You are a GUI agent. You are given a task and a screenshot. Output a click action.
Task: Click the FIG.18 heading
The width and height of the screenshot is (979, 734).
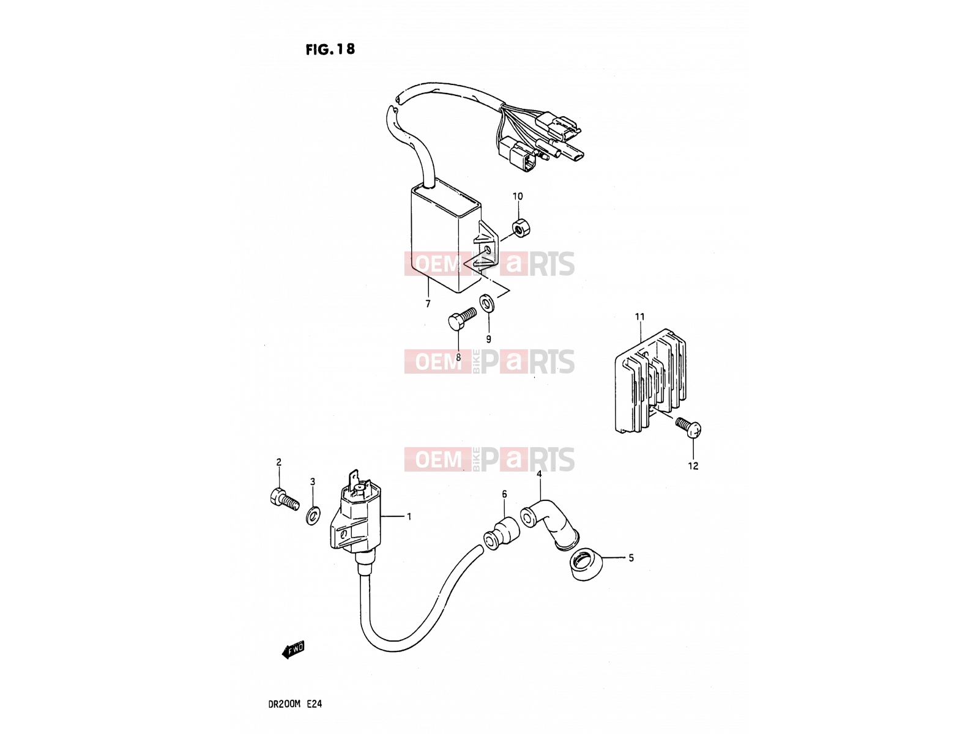pyautogui.click(x=330, y=49)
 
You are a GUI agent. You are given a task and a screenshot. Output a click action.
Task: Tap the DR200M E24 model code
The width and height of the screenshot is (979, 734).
pyautogui.click(x=295, y=704)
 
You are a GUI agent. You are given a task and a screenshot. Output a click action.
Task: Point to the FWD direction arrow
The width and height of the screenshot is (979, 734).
pyautogui.click(x=293, y=650)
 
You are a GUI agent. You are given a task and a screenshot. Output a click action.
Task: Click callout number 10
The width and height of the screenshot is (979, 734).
pyautogui.click(x=518, y=196)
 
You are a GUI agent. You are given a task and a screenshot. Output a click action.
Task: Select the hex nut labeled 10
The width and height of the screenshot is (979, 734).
pyautogui.click(x=521, y=228)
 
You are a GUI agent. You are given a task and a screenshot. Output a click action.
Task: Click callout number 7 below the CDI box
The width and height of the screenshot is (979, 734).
pyautogui.click(x=428, y=303)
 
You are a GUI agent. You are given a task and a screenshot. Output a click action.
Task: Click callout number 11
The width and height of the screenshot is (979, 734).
pyautogui.click(x=639, y=317)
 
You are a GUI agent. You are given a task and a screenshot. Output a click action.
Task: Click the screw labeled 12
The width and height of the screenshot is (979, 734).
pyautogui.click(x=688, y=427)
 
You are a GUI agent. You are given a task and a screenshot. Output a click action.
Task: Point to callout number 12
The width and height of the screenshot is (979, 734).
pyautogui.click(x=693, y=465)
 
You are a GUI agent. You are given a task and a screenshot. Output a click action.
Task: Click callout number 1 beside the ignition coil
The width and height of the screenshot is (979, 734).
pyautogui.click(x=409, y=516)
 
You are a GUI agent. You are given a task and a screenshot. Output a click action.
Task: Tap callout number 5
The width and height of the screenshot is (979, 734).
pyautogui.click(x=631, y=558)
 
